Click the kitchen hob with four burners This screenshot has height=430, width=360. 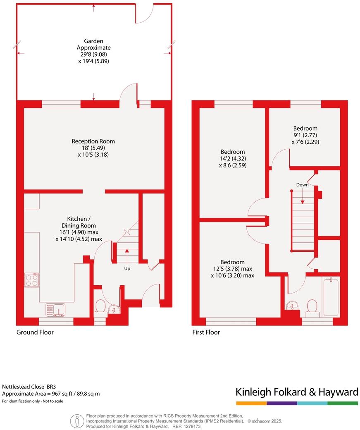32,281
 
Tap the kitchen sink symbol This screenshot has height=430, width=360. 55,310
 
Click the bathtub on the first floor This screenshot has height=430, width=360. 331,296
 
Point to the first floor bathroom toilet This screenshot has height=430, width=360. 312,307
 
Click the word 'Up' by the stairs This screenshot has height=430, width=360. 127,268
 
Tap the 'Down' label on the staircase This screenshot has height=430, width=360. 303,184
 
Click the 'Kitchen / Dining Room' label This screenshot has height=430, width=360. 79,222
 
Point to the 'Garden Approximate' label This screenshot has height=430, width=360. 93,44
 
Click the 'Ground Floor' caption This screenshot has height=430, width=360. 35,332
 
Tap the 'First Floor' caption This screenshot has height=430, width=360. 206,332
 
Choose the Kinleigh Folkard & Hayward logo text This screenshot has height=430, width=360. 296,392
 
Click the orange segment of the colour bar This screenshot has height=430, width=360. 251,403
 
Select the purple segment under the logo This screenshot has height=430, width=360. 282,403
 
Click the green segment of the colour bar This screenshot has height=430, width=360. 343,403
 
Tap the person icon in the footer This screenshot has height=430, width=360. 77,421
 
